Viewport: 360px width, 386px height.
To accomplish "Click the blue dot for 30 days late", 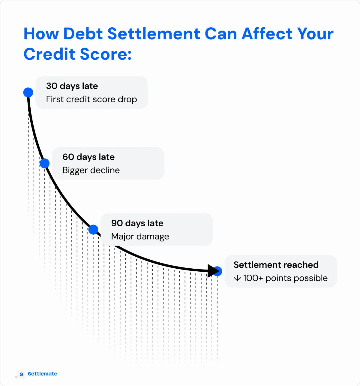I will click(28, 92).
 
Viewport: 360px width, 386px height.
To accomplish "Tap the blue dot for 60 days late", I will click(44, 164).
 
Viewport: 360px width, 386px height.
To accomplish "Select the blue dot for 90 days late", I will click(93, 230).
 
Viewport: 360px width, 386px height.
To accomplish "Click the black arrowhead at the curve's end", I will click(213, 271).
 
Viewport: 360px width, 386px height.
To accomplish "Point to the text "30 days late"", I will click(72, 86).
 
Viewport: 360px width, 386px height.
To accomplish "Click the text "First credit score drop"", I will click(91, 99).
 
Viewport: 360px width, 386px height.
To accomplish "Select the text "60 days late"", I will click(88, 157).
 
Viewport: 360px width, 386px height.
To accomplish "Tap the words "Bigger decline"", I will click(91, 170).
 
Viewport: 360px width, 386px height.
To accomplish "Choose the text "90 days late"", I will click(137, 223).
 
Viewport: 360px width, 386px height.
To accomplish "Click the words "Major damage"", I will click(140, 237).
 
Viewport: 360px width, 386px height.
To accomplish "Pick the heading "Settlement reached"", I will click(276, 265).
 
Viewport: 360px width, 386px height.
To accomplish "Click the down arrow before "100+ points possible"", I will click(237, 278).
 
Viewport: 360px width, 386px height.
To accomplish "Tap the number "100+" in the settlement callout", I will click(253, 278).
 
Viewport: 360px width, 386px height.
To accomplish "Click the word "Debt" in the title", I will click(83, 34).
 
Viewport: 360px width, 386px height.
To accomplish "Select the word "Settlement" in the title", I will click(154, 34).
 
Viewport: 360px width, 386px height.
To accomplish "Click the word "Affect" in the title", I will click(262, 34).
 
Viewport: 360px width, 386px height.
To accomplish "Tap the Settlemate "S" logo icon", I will click(21, 374).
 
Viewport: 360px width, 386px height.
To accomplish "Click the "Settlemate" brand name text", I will click(42, 374).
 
